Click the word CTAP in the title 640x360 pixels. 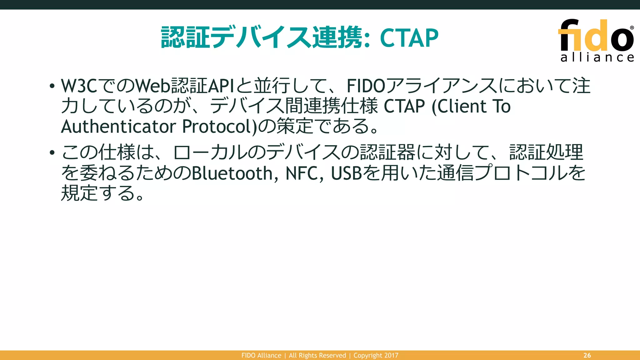click(x=409, y=38)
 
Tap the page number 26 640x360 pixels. click(x=587, y=355)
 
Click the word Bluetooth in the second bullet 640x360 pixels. click(x=232, y=173)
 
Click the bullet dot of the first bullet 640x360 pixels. click(x=52, y=86)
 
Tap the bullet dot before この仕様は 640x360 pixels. click(x=52, y=152)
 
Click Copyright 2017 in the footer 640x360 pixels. click(x=376, y=355)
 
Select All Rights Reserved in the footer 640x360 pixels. click(x=317, y=355)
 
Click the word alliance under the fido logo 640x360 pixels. click(x=597, y=57)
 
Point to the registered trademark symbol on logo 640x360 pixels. click(x=632, y=28)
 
